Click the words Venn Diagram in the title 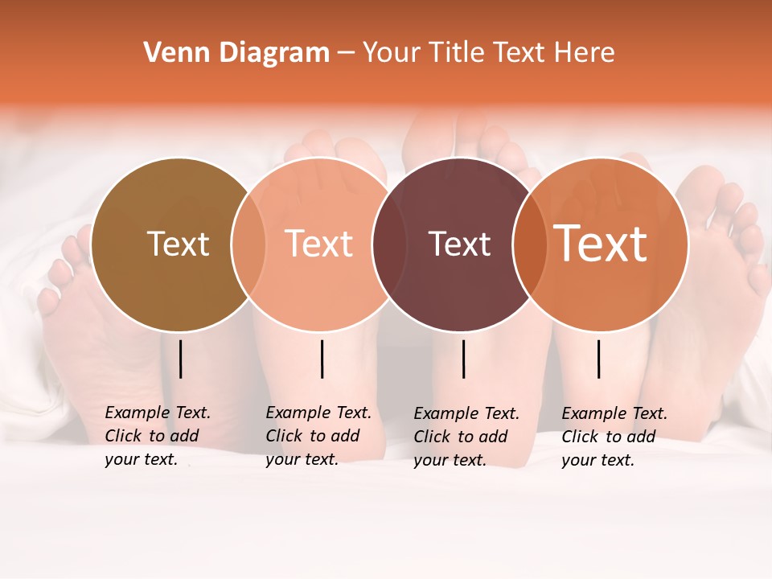pyautogui.click(x=236, y=53)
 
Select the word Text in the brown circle pyautogui.click(x=178, y=244)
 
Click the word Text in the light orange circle pyautogui.click(x=318, y=244)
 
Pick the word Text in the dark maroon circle pyautogui.click(x=459, y=244)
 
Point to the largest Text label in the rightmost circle pyautogui.click(x=601, y=244)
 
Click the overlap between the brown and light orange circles pyautogui.click(x=248, y=244)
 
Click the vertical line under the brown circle pyautogui.click(x=181, y=359)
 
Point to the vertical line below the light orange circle pyautogui.click(x=322, y=359)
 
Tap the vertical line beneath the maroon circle pyautogui.click(x=463, y=359)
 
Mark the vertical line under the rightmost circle pyautogui.click(x=598, y=359)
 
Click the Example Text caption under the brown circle pyautogui.click(x=158, y=436)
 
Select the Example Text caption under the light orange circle pyautogui.click(x=318, y=436)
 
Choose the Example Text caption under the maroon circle pyautogui.click(x=466, y=437)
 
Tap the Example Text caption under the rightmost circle pyautogui.click(x=614, y=437)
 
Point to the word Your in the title pyautogui.click(x=392, y=53)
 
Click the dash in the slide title pyautogui.click(x=346, y=53)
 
